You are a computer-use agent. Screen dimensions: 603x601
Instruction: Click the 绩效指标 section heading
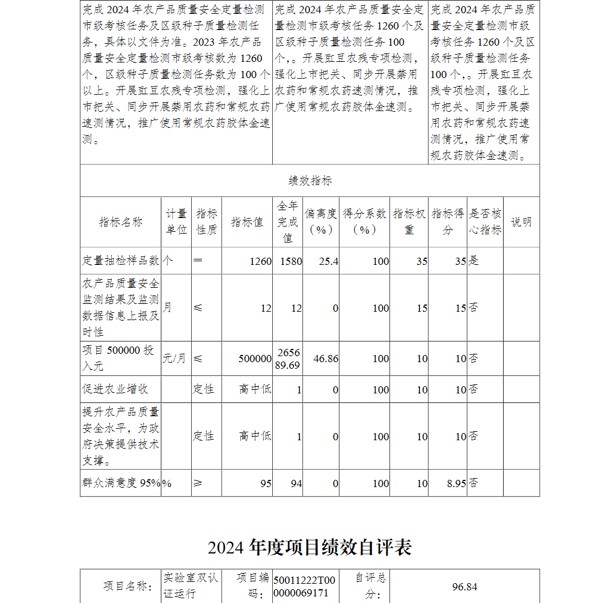tap(310, 181)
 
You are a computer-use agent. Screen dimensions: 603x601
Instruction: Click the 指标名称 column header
tap(121, 222)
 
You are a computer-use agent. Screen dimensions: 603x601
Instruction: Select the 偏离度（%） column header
tap(320, 222)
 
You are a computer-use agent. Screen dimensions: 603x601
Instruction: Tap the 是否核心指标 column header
tap(485, 222)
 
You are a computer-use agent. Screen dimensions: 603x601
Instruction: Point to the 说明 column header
tap(521, 222)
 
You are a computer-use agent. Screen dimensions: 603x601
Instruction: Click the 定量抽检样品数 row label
tap(121, 261)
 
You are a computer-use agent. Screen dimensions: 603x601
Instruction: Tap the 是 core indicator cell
tap(474, 261)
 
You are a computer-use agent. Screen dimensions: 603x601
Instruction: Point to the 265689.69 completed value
tap(288, 359)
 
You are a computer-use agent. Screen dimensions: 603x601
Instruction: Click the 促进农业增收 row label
tap(115, 389)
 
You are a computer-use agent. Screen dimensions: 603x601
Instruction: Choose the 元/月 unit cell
tap(174, 359)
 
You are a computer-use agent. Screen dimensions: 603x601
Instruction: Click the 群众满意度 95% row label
tap(121, 483)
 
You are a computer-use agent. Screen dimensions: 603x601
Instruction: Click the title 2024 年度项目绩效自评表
tap(310, 548)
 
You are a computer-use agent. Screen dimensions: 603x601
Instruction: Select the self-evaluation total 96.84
tap(465, 587)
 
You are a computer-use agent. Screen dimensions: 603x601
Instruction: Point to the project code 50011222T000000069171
tap(304, 587)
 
